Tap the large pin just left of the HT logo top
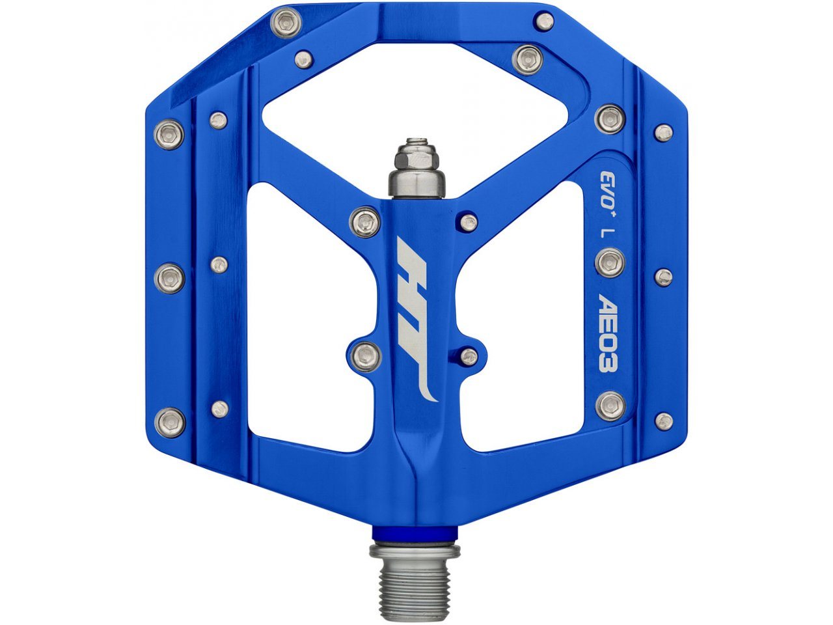click(364, 221)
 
